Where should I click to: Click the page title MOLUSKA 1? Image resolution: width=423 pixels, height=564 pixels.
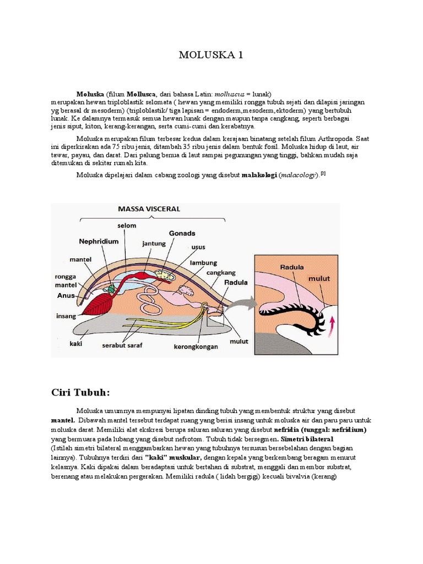[211, 55]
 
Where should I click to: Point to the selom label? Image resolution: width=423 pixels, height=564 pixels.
[126, 225]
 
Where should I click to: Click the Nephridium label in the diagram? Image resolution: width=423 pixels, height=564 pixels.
[99, 241]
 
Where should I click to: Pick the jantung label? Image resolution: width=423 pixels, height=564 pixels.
[154, 243]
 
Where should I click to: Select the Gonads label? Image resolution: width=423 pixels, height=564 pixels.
[183, 233]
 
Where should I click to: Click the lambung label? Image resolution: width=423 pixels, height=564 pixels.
[203, 263]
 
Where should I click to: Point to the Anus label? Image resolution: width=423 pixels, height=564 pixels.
[66, 295]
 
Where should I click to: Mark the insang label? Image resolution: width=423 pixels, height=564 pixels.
[66, 316]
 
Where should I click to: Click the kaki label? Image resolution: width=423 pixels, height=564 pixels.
[75, 344]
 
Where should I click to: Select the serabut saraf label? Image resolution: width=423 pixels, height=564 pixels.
[120, 346]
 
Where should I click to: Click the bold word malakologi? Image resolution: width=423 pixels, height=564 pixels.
[259, 175]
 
